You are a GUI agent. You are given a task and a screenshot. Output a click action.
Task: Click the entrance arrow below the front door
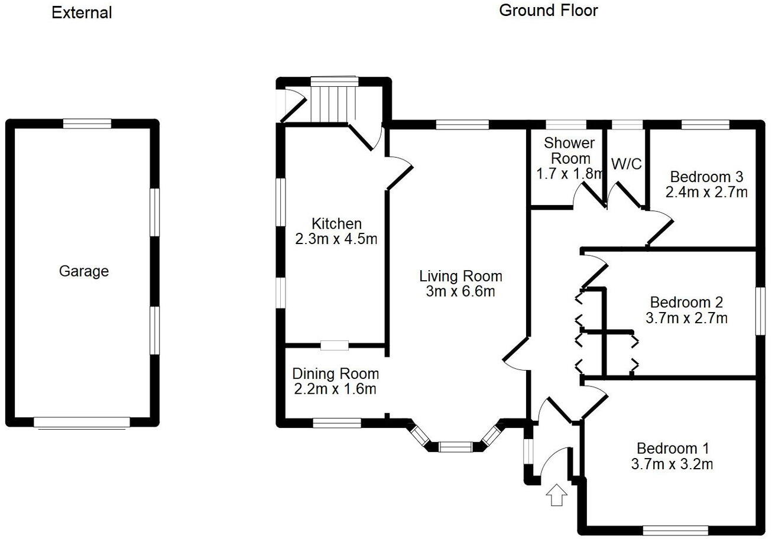point(556,495)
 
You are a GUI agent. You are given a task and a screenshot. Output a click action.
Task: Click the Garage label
point(84,271)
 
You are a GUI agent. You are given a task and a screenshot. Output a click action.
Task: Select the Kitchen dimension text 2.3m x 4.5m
point(336,239)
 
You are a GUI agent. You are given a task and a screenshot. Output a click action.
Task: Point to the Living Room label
point(460,276)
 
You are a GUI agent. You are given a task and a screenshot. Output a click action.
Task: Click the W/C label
point(626,164)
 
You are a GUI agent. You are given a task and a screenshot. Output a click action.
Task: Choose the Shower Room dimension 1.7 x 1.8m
point(570,174)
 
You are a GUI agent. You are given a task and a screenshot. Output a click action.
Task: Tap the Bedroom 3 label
point(706,177)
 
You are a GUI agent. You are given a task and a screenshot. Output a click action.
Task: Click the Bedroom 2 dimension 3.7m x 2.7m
point(686,318)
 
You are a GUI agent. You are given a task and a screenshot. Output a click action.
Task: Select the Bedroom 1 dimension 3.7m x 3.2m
point(672,464)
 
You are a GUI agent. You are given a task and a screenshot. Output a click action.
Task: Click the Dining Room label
point(335,374)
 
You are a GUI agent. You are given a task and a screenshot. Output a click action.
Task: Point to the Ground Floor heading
point(548,11)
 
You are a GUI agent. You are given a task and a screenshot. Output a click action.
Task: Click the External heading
point(82,12)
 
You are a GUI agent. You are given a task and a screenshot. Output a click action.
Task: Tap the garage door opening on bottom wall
point(82,422)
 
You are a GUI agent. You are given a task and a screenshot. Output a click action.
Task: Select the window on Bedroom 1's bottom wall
point(675,530)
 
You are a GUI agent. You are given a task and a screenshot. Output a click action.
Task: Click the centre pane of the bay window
point(455,446)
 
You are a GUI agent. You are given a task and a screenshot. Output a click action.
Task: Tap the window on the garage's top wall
point(87,124)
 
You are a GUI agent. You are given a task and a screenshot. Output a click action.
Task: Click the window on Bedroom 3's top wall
point(705,125)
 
